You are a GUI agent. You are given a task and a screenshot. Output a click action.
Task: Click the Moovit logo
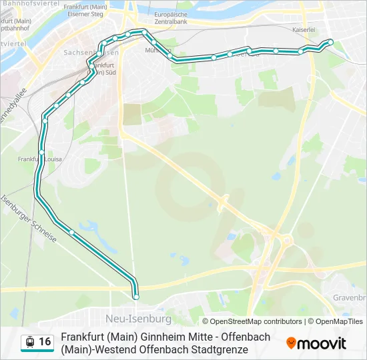[316, 343]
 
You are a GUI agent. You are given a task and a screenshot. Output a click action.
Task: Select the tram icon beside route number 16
[29, 342]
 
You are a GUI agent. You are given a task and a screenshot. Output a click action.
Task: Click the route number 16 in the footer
[45, 342]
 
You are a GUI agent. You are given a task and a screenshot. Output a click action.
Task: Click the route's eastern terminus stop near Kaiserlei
[330, 43]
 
